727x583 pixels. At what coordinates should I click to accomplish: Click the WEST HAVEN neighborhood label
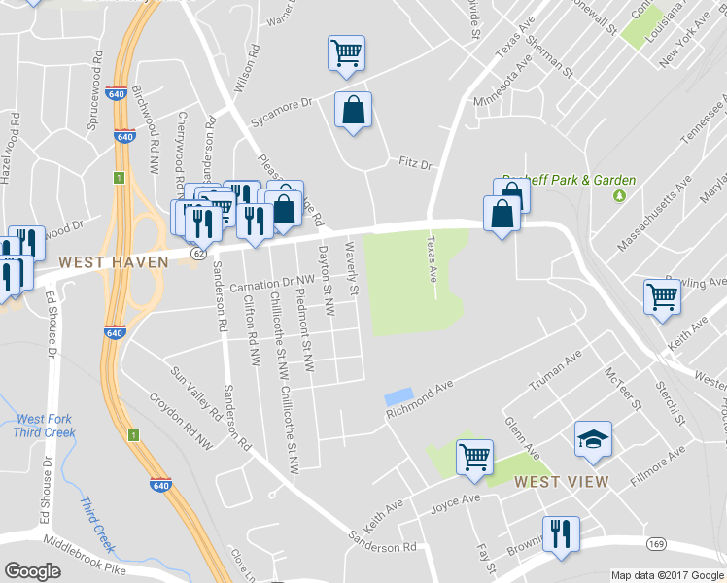pyautogui.click(x=113, y=262)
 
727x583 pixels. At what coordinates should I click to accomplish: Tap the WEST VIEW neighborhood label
pyautogui.click(x=561, y=482)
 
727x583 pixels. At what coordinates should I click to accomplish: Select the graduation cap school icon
pyautogui.click(x=593, y=439)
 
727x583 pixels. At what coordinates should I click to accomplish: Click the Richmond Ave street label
pyautogui.click(x=420, y=399)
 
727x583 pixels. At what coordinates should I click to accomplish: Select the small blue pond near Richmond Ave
pyautogui.click(x=398, y=396)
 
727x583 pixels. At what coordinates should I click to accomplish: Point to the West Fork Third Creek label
pyautogui.click(x=43, y=427)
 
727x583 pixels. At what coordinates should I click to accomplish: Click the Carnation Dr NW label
pyautogui.click(x=261, y=284)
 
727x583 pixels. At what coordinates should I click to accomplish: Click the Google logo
pyautogui.click(x=32, y=571)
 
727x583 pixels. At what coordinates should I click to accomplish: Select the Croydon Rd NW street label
pyautogui.click(x=181, y=420)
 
